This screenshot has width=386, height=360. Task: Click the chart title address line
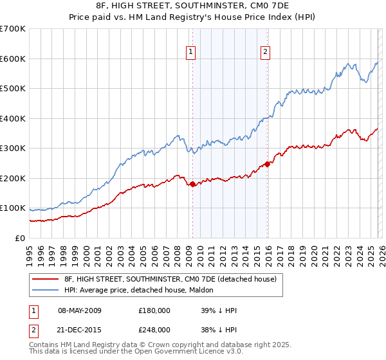[193, 6]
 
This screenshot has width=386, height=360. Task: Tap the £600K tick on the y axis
[13, 59]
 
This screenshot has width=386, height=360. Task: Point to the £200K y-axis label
[13, 178]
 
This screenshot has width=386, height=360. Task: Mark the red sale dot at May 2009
[192, 184]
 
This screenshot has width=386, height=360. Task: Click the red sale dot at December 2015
[267, 164]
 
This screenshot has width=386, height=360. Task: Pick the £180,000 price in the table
[154, 310]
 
